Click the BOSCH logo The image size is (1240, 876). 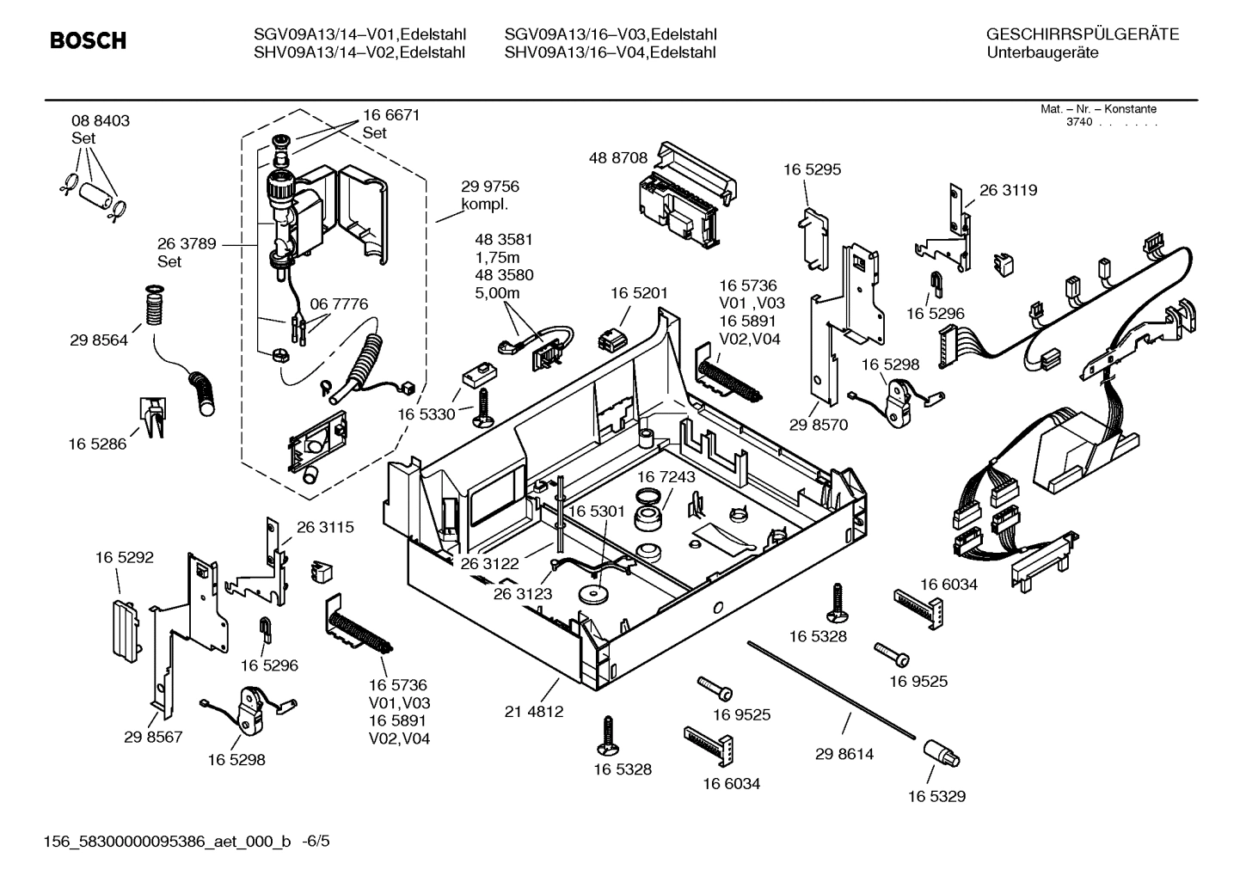88,40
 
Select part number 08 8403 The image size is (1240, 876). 101,121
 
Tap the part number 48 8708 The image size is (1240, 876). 617,158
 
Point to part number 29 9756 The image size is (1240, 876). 490,187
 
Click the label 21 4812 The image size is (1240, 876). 534,712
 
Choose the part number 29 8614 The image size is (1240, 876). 844,754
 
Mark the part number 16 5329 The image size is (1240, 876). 936,796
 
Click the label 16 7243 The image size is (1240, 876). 666,476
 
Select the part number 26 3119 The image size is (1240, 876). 1008,190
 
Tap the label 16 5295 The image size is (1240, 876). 812,169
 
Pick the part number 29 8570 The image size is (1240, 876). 819,425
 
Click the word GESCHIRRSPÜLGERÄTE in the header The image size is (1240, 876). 1082,34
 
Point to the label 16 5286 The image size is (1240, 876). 97,444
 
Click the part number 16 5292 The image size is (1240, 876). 125,557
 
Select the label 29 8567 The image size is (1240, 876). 153,737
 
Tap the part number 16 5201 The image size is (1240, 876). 639,293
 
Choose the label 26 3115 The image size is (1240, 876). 325,527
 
